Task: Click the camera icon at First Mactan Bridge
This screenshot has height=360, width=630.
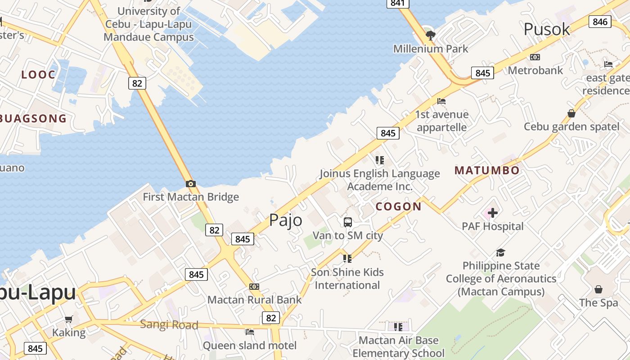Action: (190, 184)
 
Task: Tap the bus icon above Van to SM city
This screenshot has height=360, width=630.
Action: (348, 222)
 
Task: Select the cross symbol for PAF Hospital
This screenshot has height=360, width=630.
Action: (493, 212)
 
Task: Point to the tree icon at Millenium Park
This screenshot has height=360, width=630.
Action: (431, 35)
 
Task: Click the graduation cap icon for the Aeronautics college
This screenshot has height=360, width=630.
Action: (500, 252)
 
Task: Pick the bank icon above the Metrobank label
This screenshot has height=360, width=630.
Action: (535, 57)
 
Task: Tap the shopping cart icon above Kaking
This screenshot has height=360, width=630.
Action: (68, 319)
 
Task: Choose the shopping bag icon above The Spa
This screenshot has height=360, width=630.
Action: (598, 289)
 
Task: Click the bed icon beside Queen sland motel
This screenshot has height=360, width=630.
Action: (250, 332)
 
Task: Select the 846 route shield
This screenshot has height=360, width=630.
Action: (600, 22)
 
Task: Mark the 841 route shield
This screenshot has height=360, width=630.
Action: (398, 4)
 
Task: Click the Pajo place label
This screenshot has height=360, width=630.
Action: (285, 220)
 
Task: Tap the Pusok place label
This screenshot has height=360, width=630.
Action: (547, 29)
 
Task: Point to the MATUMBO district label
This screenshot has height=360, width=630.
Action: (487, 170)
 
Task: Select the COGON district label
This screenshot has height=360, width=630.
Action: (398, 207)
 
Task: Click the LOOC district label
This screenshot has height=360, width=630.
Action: (38, 75)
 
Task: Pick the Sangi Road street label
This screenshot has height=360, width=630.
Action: (169, 324)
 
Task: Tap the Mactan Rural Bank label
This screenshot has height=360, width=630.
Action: (254, 299)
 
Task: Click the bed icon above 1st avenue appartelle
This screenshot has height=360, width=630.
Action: (441, 101)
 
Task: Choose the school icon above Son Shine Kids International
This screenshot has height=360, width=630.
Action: (347, 258)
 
